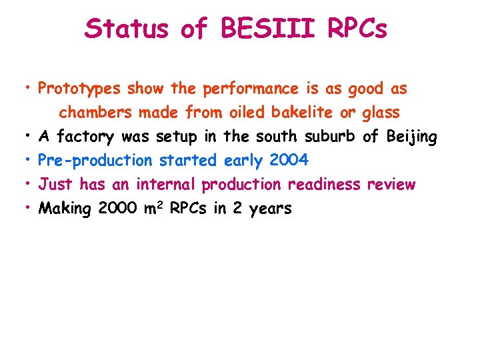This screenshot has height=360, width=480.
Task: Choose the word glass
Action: coord(381,113)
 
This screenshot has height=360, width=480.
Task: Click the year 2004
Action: coord(289,161)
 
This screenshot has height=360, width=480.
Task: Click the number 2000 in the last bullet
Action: coord(117,209)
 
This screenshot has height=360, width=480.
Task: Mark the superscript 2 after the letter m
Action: coord(161,205)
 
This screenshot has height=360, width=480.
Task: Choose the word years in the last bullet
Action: coord(271,209)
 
